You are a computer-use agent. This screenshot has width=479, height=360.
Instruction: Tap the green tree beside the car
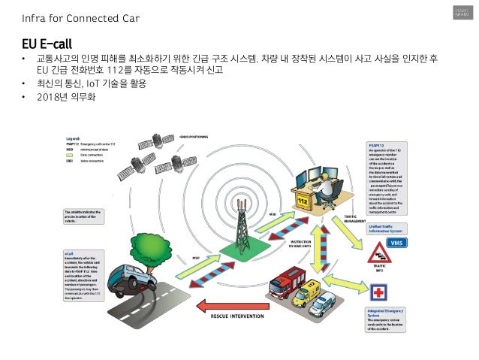click(150, 259)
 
